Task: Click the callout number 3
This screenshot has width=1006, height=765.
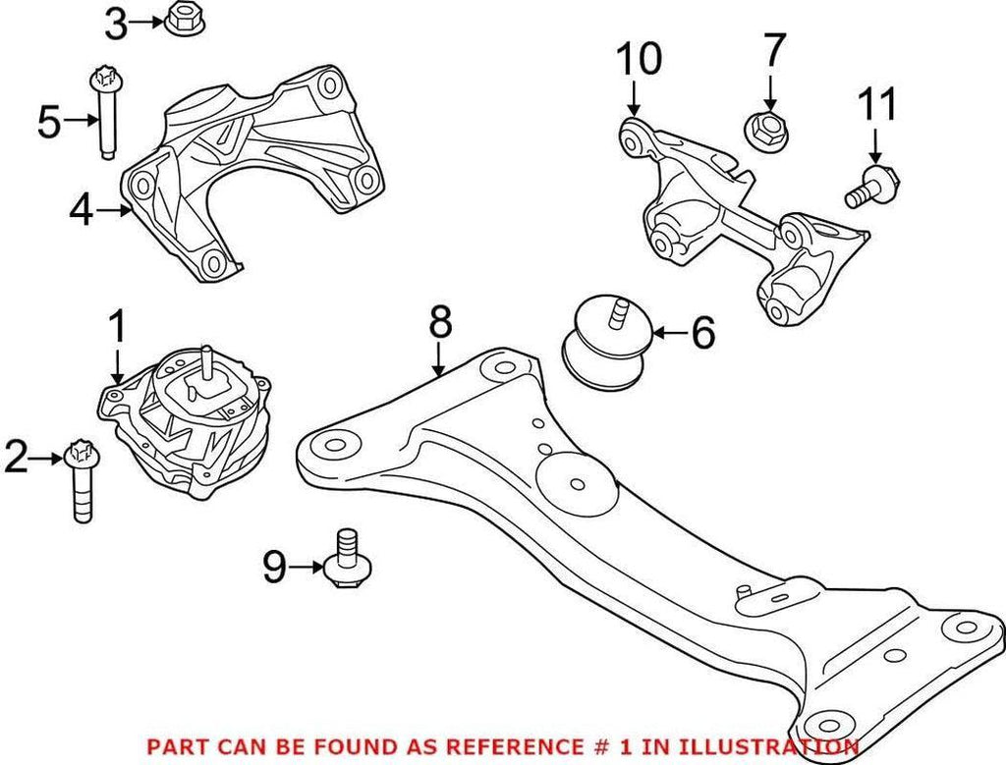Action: point(116,23)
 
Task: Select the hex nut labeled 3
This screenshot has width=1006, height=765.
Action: point(180,20)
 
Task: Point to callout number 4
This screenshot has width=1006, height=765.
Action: point(83,209)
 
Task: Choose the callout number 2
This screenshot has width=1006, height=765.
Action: point(17,458)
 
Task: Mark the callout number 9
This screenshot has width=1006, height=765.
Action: point(275,566)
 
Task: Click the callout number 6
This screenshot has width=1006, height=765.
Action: point(703,334)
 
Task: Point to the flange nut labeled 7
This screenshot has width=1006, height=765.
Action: point(761,129)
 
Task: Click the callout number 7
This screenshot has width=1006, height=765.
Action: point(774,49)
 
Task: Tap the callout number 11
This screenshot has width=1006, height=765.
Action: point(877,105)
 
